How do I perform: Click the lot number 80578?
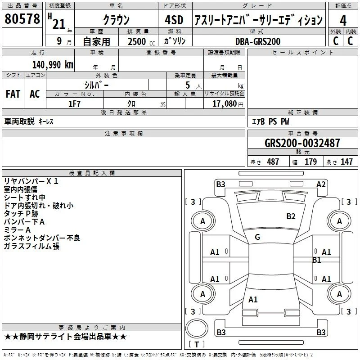(22, 19)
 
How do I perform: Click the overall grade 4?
(343, 20)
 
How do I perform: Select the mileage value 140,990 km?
(53, 65)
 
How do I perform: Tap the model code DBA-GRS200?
(258, 41)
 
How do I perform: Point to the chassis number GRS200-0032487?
(302, 143)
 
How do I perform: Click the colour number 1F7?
(74, 104)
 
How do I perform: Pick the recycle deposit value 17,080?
(224, 104)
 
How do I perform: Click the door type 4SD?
(174, 20)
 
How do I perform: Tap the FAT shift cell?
(13, 94)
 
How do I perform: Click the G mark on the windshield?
(257, 237)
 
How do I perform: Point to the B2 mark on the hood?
(291, 216)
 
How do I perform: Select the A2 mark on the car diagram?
(321, 184)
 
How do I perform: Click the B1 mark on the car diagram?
(317, 260)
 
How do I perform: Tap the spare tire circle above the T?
(197, 328)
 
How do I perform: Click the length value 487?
(273, 162)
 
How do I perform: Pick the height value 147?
(346, 162)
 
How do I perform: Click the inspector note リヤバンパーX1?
(31, 181)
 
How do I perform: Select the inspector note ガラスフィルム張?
(31, 246)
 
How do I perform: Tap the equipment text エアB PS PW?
(270, 121)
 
